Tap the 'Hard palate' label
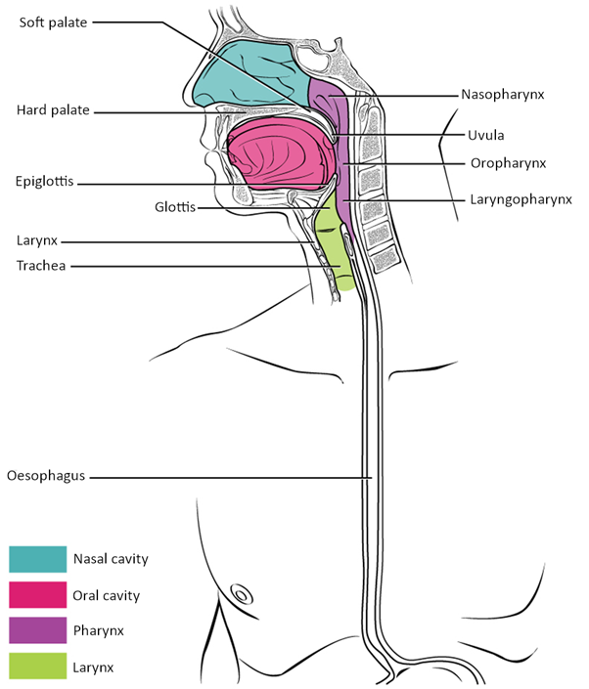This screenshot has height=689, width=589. (x=53, y=110)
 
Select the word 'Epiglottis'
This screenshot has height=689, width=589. (x=45, y=182)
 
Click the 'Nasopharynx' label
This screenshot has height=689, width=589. (x=502, y=95)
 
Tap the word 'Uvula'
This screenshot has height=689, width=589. (x=486, y=135)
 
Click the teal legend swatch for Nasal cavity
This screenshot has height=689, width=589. (x=37, y=560)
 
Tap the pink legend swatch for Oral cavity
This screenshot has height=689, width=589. (x=37, y=594)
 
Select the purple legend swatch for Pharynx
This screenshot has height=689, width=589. (x=37, y=629)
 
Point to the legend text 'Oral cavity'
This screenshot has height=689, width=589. (x=107, y=594)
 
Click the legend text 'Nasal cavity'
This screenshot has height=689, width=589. (x=111, y=560)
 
